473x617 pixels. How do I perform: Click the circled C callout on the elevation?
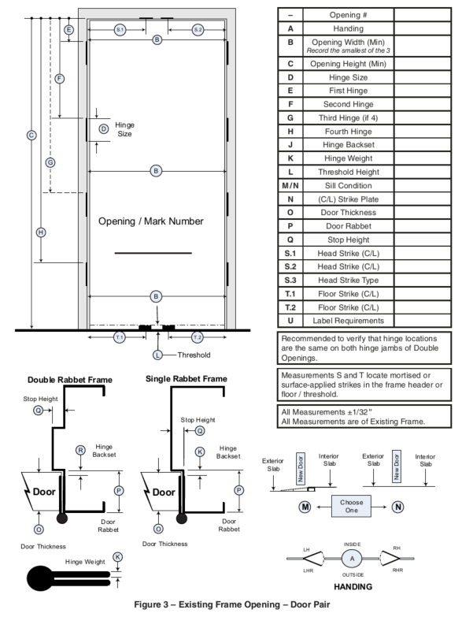(x=31, y=136)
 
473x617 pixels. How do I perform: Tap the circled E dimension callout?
(x=68, y=30)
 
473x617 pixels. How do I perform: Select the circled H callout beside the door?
(x=41, y=232)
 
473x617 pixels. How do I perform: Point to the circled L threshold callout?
(x=157, y=355)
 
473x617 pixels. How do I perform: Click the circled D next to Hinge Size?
(x=104, y=129)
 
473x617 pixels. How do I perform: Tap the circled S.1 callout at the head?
(x=120, y=29)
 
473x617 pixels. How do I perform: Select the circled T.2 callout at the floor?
(x=198, y=337)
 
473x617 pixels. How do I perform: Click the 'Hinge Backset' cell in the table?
(x=349, y=145)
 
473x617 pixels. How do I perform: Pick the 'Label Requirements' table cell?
(x=349, y=321)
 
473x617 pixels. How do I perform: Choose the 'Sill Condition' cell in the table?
(x=349, y=186)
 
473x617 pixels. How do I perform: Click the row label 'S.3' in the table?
(x=290, y=281)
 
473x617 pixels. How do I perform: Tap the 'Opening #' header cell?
(x=349, y=15)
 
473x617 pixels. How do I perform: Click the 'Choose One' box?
(x=351, y=506)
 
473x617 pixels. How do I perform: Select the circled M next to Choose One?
(x=305, y=507)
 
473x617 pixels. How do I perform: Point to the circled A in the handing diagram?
(x=352, y=559)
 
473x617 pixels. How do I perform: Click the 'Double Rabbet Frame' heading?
(x=70, y=380)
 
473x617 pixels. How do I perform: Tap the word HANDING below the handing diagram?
(x=353, y=587)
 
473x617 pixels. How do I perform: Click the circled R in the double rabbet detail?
(x=80, y=450)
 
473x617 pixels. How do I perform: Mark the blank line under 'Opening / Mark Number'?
(x=153, y=253)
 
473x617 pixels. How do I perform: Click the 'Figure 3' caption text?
(x=232, y=604)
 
